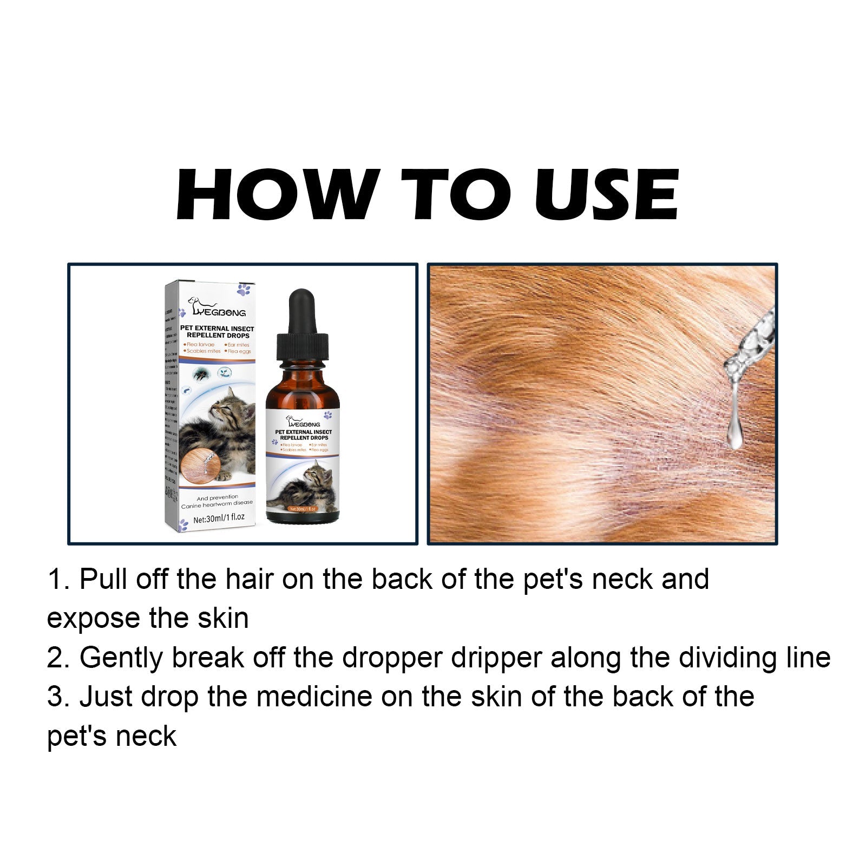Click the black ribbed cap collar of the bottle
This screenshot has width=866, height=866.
[297, 346]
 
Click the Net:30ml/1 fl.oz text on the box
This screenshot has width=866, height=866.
[219, 517]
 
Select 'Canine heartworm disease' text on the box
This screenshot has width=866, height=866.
[216, 503]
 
